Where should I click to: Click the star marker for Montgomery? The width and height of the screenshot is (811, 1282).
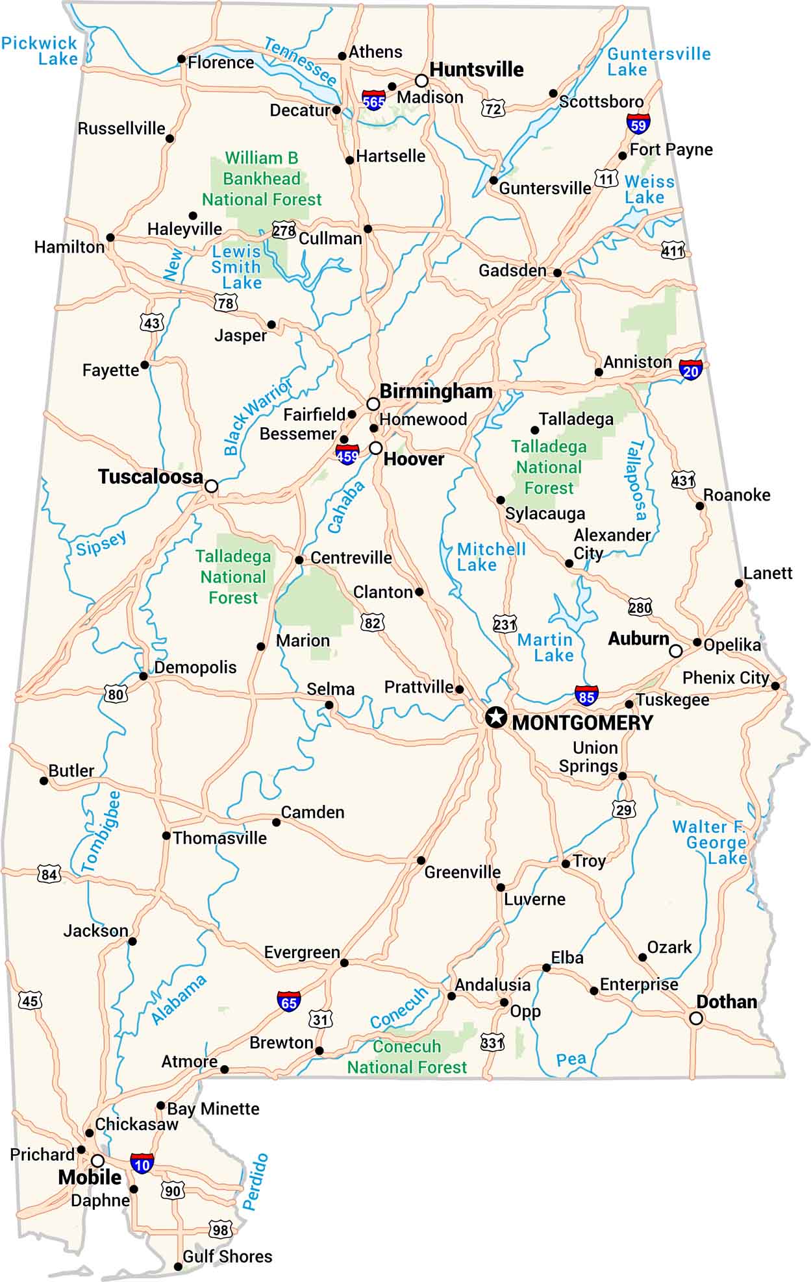point(496,717)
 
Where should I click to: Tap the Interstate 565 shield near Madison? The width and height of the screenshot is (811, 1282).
point(373,101)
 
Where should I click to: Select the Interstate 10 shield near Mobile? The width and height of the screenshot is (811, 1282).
point(142,1164)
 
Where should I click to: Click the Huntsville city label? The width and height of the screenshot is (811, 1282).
point(476,69)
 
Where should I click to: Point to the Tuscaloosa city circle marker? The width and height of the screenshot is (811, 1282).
point(211,486)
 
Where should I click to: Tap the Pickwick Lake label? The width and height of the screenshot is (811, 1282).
point(39,51)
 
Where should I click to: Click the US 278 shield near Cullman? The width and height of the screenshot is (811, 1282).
point(284,230)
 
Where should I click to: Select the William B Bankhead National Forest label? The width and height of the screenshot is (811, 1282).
point(262,179)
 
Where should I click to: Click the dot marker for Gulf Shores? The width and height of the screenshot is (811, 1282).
point(178,1266)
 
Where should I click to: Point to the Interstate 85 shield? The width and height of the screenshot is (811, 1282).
point(586,696)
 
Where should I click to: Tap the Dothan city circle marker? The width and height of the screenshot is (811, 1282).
point(696,1018)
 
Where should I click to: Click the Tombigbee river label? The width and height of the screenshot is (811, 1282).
point(101,832)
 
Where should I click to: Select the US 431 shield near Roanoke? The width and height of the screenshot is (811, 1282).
point(683,480)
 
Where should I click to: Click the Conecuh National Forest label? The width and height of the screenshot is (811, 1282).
point(407,1057)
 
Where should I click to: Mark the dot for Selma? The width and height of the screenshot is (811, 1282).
point(329,705)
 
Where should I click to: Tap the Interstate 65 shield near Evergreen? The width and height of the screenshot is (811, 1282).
point(288,1002)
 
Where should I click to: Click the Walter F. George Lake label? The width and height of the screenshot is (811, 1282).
point(709,843)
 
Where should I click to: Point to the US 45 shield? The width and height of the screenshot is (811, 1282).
point(30,1000)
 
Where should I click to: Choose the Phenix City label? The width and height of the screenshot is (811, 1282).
point(725,678)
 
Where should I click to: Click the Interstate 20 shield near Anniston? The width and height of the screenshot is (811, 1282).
point(691,370)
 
